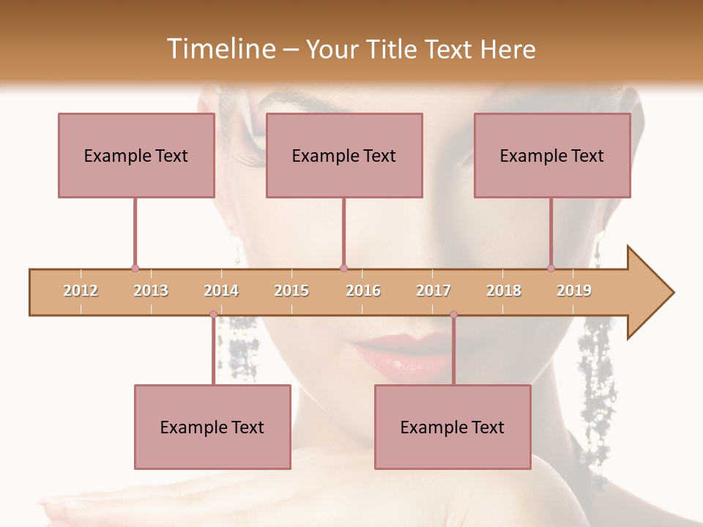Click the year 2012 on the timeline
pyautogui.click(x=81, y=291)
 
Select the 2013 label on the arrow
pyautogui.click(x=151, y=291)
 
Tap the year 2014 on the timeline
pyautogui.click(x=221, y=291)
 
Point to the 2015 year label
pyautogui.click(x=291, y=291)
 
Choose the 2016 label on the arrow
pyautogui.click(x=363, y=291)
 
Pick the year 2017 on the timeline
pyautogui.click(x=434, y=291)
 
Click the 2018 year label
pyautogui.click(x=504, y=291)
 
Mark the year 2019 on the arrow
pyautogui.click(x=574, y=291)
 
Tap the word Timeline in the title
pyautogui.click(x=220, y=49)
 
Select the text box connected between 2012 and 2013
pyautogui.click(x=136, y=155)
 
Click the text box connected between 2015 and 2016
pyautogui.click(x=344, y=155)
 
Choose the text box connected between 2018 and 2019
pyautogui.click(x=552, y=155)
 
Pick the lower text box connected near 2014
pyautogui.click(x=212, y=427)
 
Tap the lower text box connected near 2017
pyautogui.click(x=453, y=427)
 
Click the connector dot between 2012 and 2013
pyautogui.click(x=135, y=269)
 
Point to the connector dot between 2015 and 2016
pyautogui.click(x=343, y=269)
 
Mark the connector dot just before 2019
pyautogui.click(x=551, y=269)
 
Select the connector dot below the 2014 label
pyautogui.click(x=213, y=315)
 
